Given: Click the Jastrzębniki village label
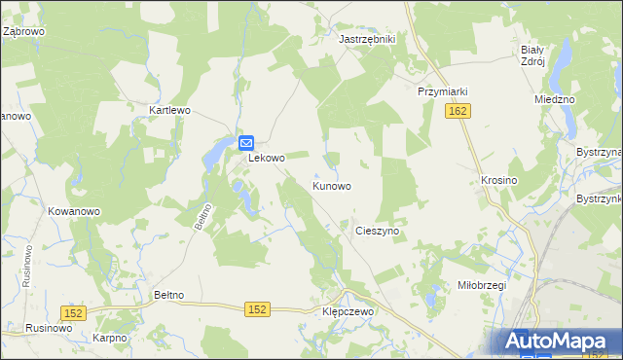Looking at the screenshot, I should coord(366,39).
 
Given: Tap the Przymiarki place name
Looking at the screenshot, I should coord(443,91).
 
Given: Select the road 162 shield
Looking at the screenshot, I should coord(458,113).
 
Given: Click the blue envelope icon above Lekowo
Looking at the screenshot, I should coord(247,142).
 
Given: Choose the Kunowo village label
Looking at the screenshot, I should coord(331,185).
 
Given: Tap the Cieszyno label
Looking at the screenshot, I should coord(380,232).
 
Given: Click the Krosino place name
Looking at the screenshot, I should coord(498,181).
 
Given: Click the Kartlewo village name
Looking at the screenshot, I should coord(168,111).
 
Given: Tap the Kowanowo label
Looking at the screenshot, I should coord(74,211).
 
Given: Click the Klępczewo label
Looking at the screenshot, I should coord(348,311).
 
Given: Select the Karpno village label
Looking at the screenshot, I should coord(111,338).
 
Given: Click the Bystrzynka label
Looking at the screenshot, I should coord(599,198).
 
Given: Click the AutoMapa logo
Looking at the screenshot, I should coord(559,342).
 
